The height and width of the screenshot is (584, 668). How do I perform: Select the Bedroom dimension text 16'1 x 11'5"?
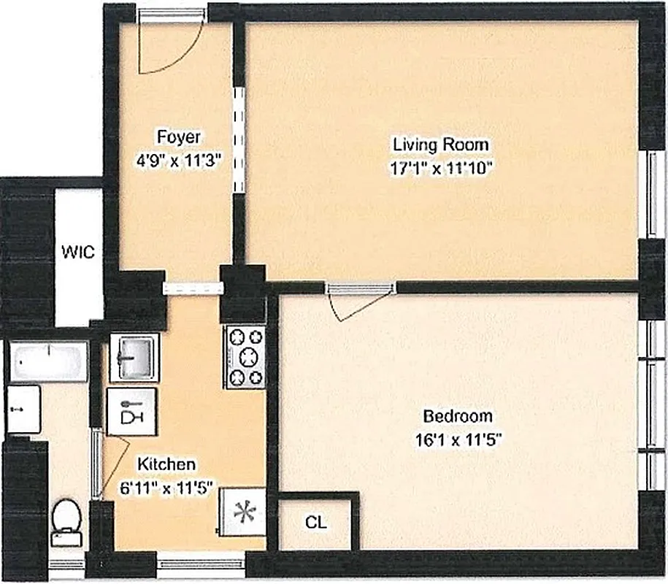[x=458, y=439]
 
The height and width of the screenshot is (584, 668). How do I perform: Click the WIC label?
[x=78, y=253]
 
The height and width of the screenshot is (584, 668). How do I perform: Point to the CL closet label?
[x=316, y=523]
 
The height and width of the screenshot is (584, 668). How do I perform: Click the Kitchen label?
[x=167, y=464]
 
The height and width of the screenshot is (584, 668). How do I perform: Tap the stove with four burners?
[x=245, y=357]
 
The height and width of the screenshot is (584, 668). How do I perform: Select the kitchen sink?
[x=134, y=357]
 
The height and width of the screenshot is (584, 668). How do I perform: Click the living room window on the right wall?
[x=650, y=194]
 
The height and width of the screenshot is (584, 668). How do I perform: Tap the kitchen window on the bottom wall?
[x=201, y=563]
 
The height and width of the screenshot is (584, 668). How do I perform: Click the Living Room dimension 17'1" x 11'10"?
[x=442, y=166]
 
